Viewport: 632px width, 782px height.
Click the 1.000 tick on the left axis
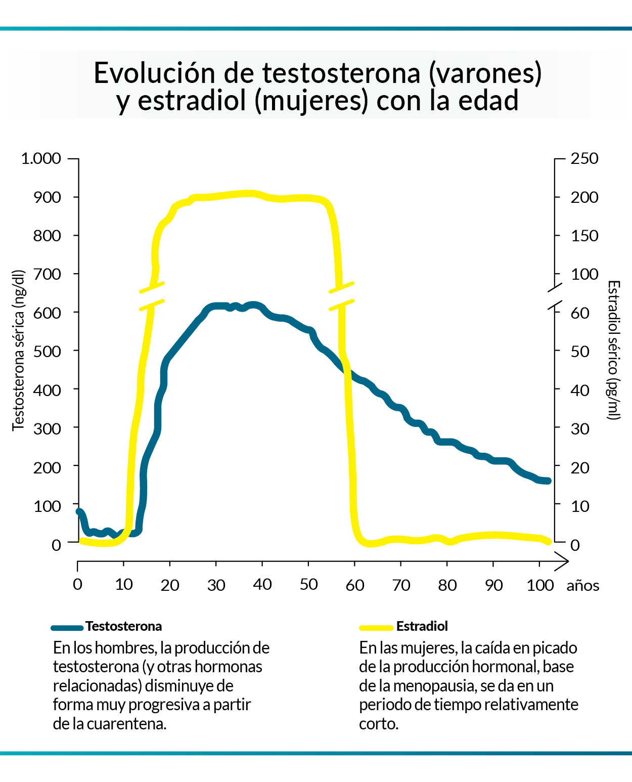[x=41, y=159]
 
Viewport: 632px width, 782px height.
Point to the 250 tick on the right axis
[x=584, y=159]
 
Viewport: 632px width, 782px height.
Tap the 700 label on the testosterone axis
[x=47, y=274]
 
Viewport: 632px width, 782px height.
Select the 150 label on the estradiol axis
[x=584, y=236]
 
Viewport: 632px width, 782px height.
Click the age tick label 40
[x=262, y=585]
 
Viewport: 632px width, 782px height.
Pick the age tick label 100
[x=540, y=585]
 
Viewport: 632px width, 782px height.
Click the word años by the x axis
[x=582, y=586]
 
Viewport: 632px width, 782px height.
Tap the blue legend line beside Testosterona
[x=67, y=628]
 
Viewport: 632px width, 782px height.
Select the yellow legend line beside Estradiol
[x=376, y=628]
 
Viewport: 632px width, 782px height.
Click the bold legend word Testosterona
[x=124, y=626]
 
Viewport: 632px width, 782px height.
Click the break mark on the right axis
[x=555, y=296]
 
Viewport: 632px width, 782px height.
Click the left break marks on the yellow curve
[x=152, y=296]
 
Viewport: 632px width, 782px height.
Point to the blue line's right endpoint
[x=548, y=481]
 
